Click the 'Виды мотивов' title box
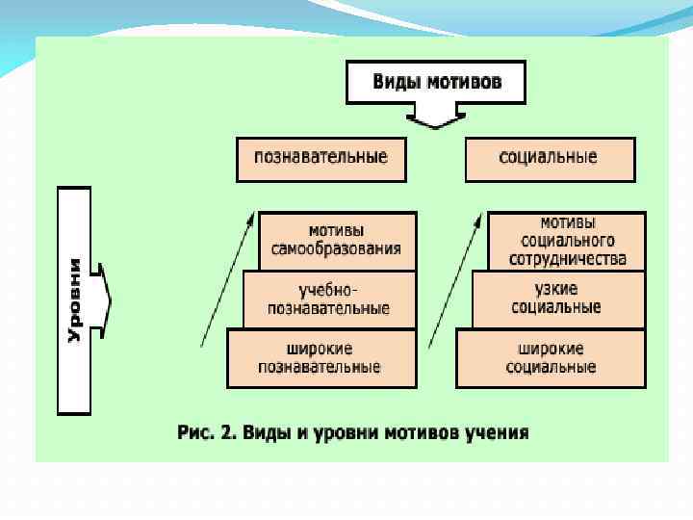pos(436,82)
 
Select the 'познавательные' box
pos(321,159)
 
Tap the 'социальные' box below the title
pos(549,159)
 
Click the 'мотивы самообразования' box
pos(336,241)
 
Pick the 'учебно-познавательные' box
pos(329,299)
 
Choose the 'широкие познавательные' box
pos(321,358)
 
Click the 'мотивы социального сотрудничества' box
pos(566,241)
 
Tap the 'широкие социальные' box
pos(550,358)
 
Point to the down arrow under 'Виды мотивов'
pos(435,117)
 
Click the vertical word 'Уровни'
pos(75,299)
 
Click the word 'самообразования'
pos(336,249)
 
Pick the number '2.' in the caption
pos(228,432)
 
